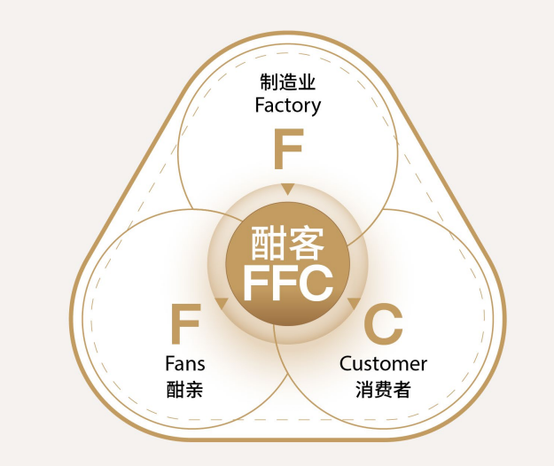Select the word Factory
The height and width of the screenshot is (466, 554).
287,105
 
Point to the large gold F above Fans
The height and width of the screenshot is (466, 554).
184,324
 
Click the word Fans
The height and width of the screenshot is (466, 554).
184,364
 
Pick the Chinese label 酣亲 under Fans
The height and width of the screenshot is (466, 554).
184,388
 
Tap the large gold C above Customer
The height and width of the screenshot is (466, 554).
383,324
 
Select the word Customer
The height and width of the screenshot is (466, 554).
383,364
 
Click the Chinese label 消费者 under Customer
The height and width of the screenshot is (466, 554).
383,388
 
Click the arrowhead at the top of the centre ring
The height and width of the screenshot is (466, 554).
287,189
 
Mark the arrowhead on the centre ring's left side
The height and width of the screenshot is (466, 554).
222,304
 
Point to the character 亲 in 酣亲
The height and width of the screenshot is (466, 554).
195,388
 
